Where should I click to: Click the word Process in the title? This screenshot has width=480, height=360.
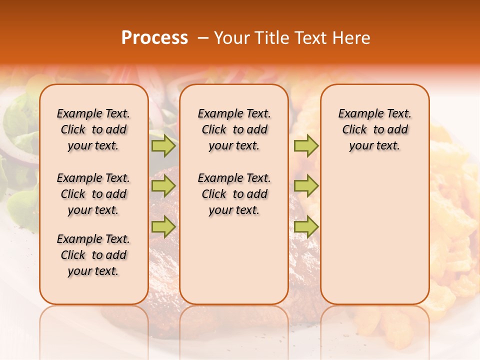154,37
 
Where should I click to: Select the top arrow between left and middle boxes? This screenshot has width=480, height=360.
163,146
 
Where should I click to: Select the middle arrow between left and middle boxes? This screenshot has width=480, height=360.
163,186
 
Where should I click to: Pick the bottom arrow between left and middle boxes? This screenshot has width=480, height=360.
163,226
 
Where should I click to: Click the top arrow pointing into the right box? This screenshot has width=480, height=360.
306,146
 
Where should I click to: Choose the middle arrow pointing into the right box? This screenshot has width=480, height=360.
306,186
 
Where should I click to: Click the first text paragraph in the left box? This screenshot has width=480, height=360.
93,129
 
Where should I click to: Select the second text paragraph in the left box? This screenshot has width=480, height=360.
93,194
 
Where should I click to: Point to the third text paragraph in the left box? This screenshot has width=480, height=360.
93,255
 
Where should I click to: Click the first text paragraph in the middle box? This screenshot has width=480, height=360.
234,129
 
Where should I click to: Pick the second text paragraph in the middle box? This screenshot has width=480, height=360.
234,194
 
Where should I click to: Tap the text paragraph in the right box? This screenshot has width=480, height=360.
375,129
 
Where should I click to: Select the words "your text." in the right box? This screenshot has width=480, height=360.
374,146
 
